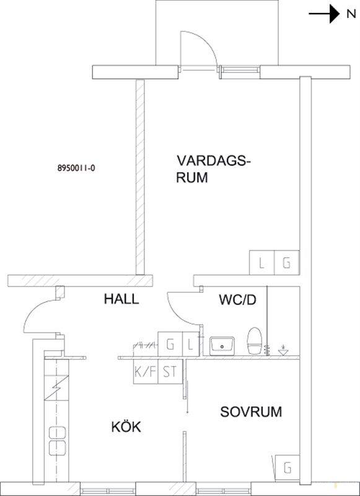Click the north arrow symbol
[324, 14]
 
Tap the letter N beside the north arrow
[351, 14]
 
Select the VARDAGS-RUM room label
[213, 169]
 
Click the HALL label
[121, 299]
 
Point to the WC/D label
[237, 300]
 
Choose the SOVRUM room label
[251, 412]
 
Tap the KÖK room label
[126, 427]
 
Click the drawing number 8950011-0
[76, 168]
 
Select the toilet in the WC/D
[255, 340]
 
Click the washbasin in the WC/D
[222, 346]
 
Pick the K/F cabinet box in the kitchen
[146, 371]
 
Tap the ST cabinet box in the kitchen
[170, 371]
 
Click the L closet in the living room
[261, 262]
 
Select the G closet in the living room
[287, 262]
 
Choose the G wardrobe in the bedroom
[288, 467]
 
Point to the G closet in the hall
[170, 344]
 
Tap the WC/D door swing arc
[178, 315]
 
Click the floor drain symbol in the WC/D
[283, 350]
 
